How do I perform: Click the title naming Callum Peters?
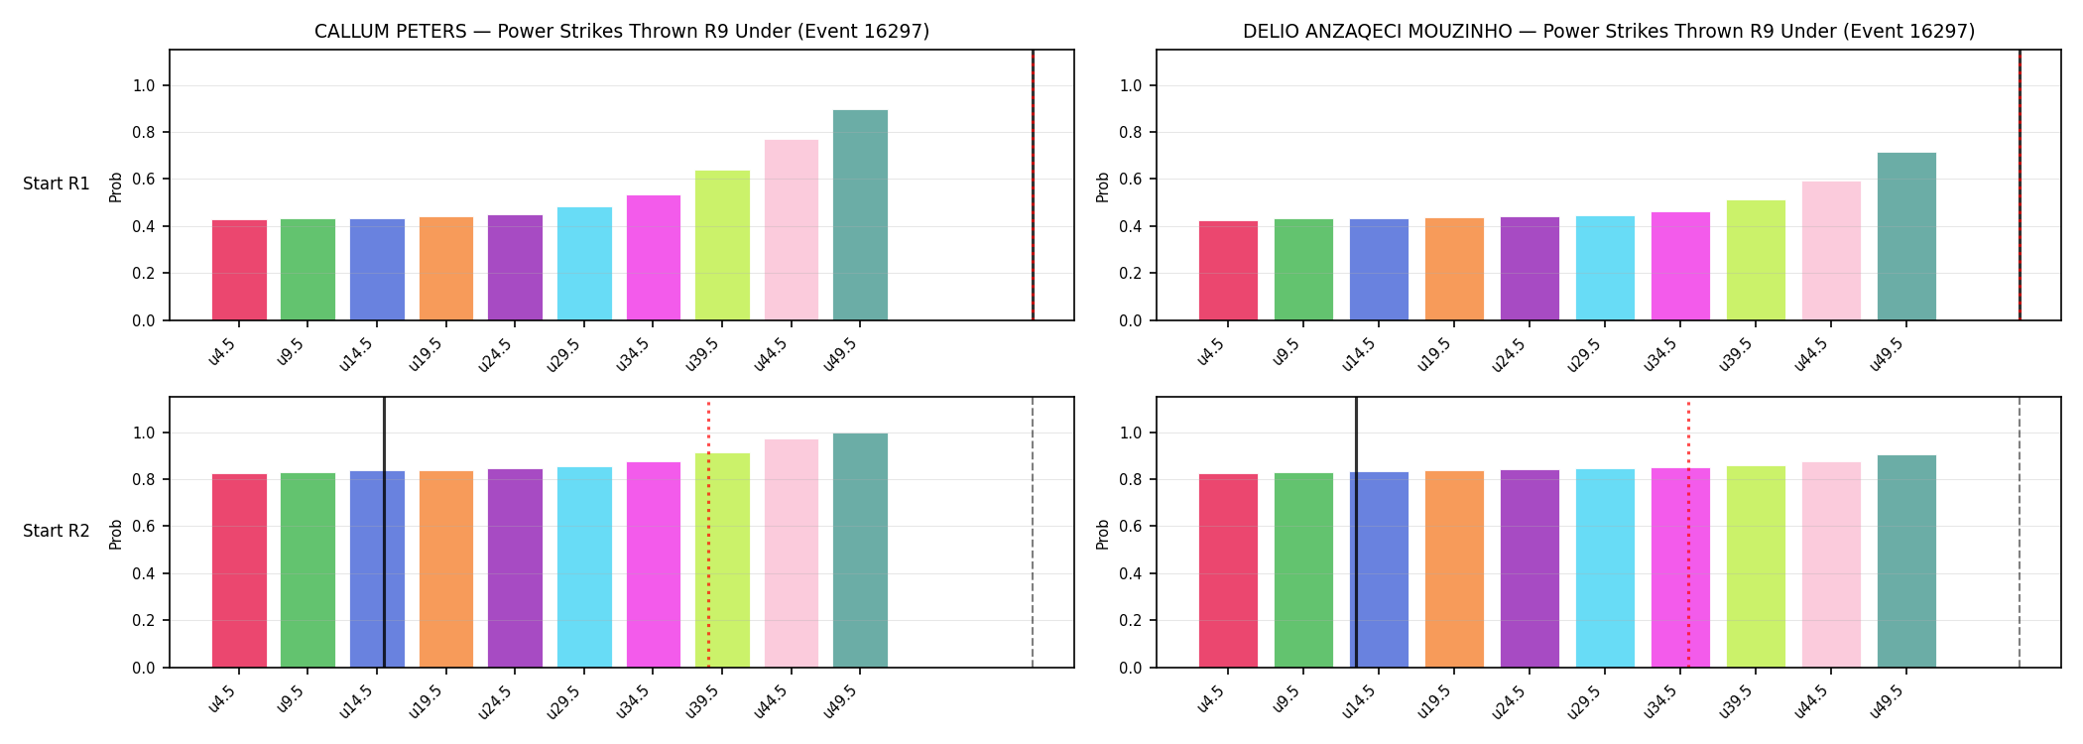click(x=622, y=32)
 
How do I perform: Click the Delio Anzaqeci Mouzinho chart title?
click(x=1609, y=32)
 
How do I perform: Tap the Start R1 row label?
click(x=57, y=185)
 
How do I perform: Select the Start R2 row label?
click(x=57, y=532)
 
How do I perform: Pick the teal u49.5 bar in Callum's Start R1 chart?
click(x=860, y=215)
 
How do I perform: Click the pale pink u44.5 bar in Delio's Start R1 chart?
click(x=1831, y=251)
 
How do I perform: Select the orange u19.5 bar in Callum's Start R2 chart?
click(x=446, y=569)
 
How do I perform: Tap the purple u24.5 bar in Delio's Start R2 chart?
click(x=1530, y=568)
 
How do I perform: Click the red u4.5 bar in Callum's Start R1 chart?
click(x=239, y=270)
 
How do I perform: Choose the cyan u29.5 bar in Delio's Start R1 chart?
click(x=1605, y=268)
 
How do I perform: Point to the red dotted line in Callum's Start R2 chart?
click(x=708, y=534)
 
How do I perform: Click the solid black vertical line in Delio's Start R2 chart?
click(x=1356, y=532)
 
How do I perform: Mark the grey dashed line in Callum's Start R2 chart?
click(x=1033, y=532)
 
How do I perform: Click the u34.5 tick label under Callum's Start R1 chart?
click(x=634, y=354)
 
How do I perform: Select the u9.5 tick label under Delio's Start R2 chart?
click(x=1287, y=701)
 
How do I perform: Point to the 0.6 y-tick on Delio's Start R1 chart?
click(x=1130, y=180)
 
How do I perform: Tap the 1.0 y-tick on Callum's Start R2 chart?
click(x=144, y=434)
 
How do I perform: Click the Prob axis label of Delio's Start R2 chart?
click(x=1103, y=534)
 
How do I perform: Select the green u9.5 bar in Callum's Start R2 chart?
click(x=307, y=570)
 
